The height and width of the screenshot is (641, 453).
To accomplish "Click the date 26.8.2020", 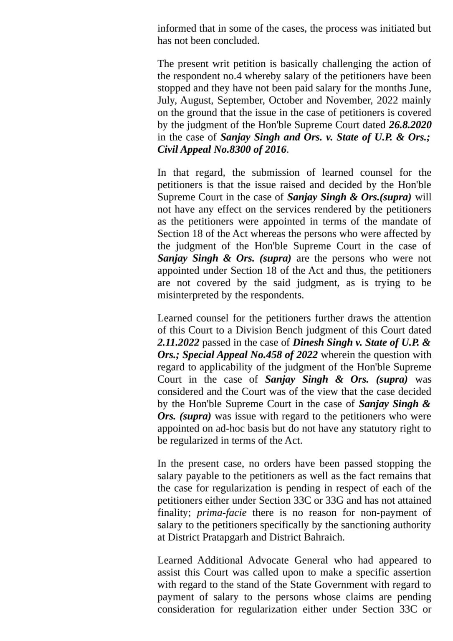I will [x=410, y=125].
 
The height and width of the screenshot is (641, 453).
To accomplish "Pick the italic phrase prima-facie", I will [x=227, y=512].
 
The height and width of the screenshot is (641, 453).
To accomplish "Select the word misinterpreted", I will [x=187, y=295].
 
